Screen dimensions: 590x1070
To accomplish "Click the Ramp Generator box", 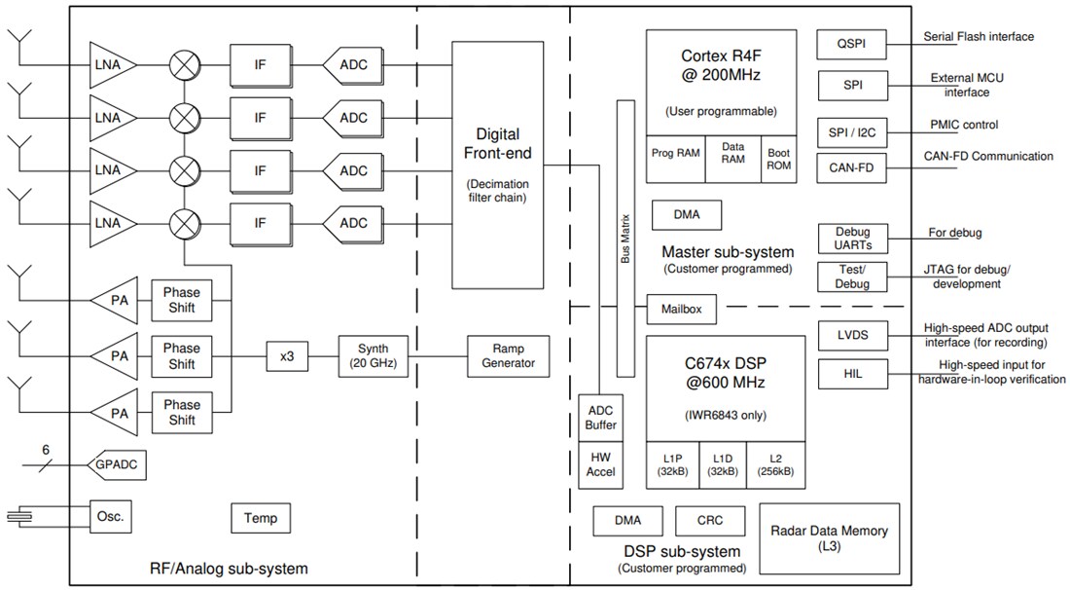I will coord(508,355).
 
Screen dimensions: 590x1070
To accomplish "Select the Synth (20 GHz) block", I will coord(373,355).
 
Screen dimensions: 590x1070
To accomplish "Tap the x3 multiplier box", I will coord(287,356).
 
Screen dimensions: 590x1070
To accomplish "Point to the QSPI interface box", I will coord(852,44).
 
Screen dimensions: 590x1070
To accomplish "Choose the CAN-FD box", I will coord(852,167).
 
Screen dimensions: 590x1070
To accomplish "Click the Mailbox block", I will coord(682,310).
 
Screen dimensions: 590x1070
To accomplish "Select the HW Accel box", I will coord(601,463).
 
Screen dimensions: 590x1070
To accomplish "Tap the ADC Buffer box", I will coord(601,417).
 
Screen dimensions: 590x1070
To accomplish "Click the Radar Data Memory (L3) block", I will coord(828,537).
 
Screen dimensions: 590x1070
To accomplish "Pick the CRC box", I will coord(709,521).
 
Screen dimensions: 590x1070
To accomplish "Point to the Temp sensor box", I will coord(261,518).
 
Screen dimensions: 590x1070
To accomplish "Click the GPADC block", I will coord(117,464).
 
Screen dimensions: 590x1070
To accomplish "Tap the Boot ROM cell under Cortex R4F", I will coord(779,159).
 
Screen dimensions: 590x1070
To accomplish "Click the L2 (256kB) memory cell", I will coord(775,465).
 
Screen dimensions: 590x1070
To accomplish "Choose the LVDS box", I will coord(852,336).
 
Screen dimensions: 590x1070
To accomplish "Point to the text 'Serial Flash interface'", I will coord(978,37).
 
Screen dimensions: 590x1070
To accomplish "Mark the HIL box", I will coord(852,374).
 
